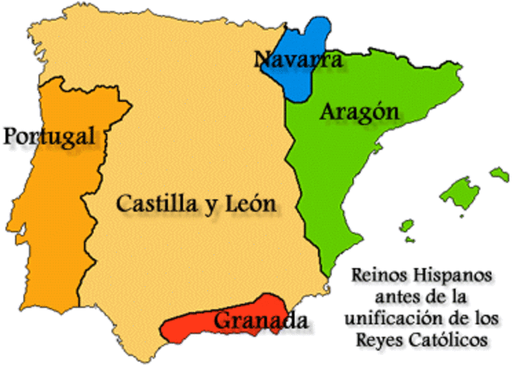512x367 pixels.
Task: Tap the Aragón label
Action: click(359, 114)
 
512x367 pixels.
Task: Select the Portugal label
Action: click(54, 137)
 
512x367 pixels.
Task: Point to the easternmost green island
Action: click(500, 174)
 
